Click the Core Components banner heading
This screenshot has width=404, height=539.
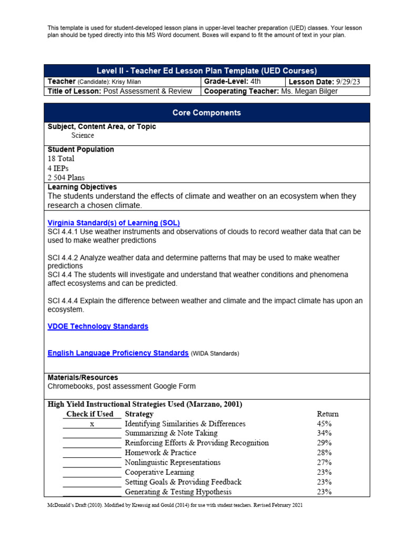point(207,113)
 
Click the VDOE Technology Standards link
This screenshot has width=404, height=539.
point(98,326)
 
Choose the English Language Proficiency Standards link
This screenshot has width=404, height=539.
point(118,353)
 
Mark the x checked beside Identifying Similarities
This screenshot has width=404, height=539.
point(92,424)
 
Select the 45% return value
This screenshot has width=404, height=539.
point(324,424)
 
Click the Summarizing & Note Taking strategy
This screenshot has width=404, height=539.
point(171,433)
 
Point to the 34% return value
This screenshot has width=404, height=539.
point(324,433)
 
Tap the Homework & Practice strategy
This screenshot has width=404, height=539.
point(160,453)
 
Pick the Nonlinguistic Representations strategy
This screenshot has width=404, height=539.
point(173,462)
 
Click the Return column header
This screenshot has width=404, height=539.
point(328,414)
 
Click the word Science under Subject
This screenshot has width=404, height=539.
point(83,135)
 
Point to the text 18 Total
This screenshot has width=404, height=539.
point(61,158)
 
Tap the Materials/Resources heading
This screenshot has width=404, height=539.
point(83,377)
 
